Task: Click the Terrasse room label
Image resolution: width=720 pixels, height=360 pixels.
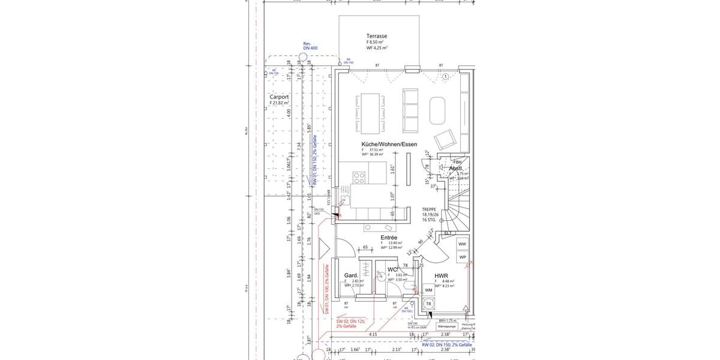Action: tap(377, 36)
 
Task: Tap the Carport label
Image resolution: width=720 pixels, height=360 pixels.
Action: tap(279, 97)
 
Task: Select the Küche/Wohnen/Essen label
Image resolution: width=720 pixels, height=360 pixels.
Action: tap(389, 144)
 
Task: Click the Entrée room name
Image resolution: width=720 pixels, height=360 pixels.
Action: tap(389, 238)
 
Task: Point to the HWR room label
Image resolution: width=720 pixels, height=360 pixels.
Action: tap(441, 276)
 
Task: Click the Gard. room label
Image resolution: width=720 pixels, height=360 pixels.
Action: tap(351, 276)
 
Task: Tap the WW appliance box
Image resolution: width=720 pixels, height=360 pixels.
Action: tap(462, 244)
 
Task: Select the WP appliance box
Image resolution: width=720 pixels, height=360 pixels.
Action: tap(462, 257)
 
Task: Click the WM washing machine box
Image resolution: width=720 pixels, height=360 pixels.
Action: tap(428, 290)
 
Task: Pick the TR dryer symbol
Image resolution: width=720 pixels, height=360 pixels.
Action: tap(428, 304)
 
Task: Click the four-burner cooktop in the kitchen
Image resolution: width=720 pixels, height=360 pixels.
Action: tap(359, 177)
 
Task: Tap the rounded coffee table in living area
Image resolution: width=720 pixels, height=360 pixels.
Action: tap(438, 109)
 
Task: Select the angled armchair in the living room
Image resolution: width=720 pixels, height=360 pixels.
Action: tap(445, 140)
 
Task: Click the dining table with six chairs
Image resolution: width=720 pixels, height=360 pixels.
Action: tap(370, 113)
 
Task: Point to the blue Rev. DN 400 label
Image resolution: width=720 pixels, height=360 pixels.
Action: tap(310, 46)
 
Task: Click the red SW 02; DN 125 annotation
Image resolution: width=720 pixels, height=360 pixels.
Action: tap(346, 323)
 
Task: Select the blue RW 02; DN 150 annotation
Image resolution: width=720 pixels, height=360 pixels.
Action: tap(446, 345)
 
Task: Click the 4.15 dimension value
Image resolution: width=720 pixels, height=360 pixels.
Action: tap(373, 334)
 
